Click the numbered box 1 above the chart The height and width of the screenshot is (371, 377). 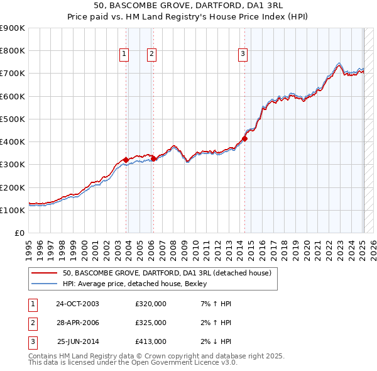coord(124,55)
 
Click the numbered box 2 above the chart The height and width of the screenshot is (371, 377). coord(152,55)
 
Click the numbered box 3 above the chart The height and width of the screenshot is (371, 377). coord(243,55)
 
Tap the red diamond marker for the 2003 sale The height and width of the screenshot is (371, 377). coord(126,160)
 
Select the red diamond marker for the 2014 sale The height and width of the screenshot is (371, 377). coord(245,139)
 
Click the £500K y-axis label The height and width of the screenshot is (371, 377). coord(13,119)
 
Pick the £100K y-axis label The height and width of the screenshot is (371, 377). coord(13,210)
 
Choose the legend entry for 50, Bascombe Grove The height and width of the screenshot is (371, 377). coord(167,273)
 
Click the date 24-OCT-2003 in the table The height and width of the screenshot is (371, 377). coord(77,303)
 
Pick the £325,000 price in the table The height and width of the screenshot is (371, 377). coord(151,323)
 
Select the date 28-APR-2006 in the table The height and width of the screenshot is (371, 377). coord(77,323)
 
